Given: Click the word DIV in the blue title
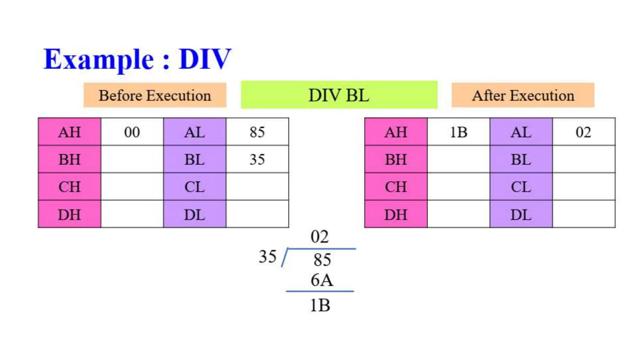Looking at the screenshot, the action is pos(205,59).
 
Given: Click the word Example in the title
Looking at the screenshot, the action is pos(98,60).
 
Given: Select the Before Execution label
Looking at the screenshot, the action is pos(155,95).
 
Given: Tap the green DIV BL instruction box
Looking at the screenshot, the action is pos(339,95).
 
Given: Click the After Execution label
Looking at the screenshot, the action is pos(523,95).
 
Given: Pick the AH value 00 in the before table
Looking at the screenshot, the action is pos(132,132).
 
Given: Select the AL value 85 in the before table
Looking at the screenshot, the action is pos(257,132).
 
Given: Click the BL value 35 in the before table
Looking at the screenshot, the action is pos(257,159).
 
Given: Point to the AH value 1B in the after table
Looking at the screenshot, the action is pos(458,132).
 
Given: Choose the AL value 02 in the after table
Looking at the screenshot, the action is pos(583,132).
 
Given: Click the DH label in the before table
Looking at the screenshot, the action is pos(69,215).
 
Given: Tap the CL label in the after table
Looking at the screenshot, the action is pos(521,187).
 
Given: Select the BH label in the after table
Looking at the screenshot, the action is pos(396,159).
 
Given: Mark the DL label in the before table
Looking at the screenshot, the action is pos(194,215).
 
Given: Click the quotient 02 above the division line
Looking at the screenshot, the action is pos(320,237).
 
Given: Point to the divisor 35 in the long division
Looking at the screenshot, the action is pos(267,257).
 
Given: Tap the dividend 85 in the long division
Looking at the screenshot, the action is pos(322,260).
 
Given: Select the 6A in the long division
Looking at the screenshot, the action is pos(322,280).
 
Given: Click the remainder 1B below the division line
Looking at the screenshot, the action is pos(320,305).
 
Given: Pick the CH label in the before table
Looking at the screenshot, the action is pos(69,187).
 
